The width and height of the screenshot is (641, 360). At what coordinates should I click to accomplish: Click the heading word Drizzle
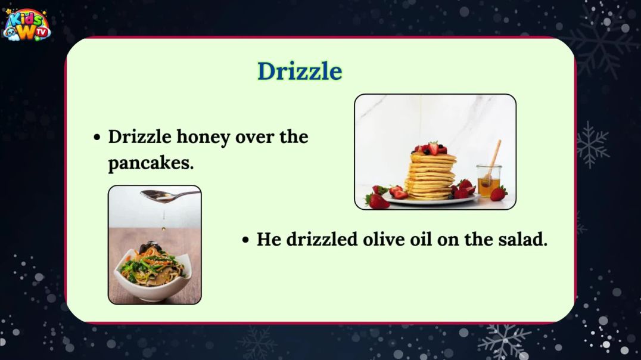coord(300,72)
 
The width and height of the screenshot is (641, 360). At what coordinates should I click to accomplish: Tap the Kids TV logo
coord(27,25)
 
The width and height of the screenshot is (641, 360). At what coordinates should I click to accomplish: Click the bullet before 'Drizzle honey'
coord(98,138)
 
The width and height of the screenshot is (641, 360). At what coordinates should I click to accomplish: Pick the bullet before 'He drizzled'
coord(245,240)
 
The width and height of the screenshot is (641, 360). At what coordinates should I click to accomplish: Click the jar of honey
coord(488,182)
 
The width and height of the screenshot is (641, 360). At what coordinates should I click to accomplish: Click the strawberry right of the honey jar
coord(499,193)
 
